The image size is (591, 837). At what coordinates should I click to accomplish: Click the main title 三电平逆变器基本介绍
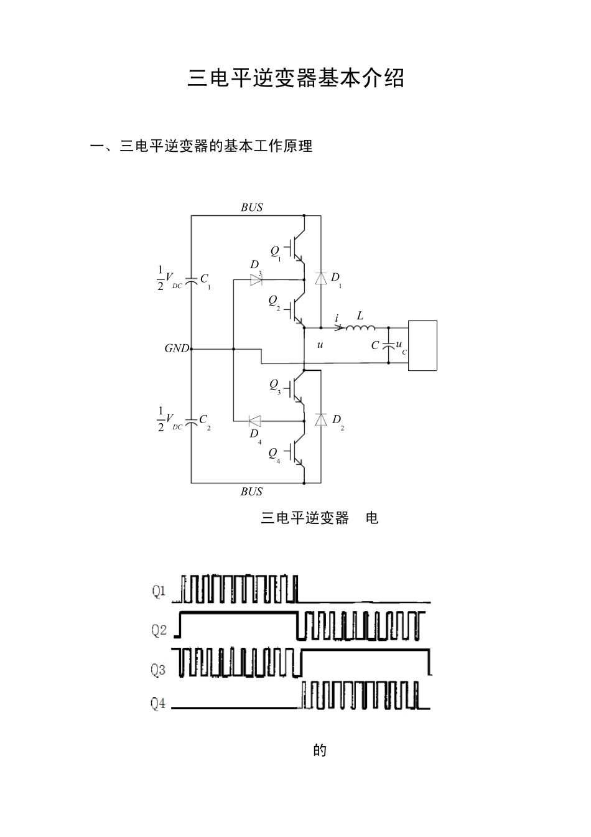pos(295,78)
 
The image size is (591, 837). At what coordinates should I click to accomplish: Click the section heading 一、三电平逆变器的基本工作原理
pos(201,146)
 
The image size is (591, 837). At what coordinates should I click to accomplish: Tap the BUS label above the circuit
pos(252,208)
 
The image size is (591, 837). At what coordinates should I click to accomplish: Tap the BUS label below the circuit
pos(252,492)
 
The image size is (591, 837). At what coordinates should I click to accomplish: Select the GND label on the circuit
pos(176,348)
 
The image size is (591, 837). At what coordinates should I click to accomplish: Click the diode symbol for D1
pos(321,278)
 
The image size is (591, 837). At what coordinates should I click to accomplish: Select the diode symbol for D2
pos(321,419)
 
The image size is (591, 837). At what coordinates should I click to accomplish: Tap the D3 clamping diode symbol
pos(256,280)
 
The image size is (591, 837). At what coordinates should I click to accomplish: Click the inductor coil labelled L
pos(361,327)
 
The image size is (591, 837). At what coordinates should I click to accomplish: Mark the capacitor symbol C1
pos(191,280)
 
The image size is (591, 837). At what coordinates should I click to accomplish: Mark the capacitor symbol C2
pos(191,421)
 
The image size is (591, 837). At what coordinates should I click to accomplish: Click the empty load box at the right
pos(422,345)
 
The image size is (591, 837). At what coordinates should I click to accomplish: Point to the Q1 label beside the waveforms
pos(159,591)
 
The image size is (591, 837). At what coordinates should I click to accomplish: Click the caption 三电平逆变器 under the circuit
pos(305,518)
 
